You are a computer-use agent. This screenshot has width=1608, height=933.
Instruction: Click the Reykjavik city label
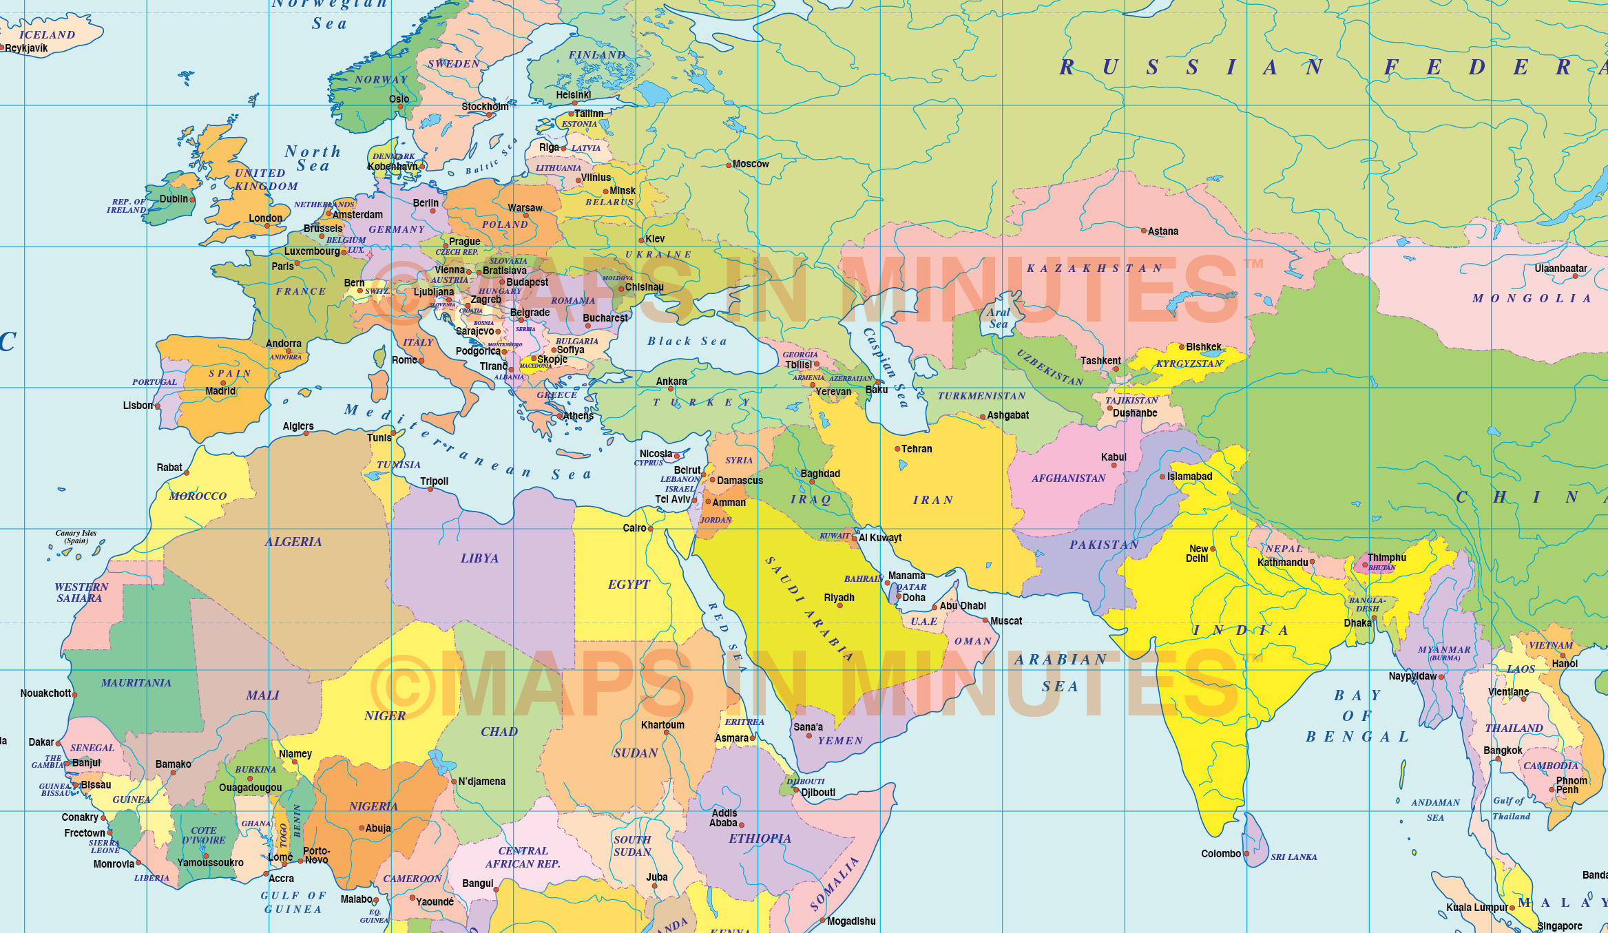[x=27, y=48]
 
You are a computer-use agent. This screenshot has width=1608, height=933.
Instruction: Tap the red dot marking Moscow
[x=729, y=165]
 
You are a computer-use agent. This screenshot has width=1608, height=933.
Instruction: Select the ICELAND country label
[x=47, y=34]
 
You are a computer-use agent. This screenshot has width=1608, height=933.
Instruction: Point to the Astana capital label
[x=1163, y=231]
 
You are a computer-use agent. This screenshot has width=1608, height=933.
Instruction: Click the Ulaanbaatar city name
[x=1560, y=269]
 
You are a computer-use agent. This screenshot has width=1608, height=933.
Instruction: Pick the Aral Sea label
[x=999, y=318]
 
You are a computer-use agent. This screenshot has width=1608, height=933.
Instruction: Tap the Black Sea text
[x=687, y=341]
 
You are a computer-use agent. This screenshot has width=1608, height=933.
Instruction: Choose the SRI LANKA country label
[x=1293, y=857]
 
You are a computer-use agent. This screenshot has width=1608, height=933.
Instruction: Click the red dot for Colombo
[x=1246, y=854]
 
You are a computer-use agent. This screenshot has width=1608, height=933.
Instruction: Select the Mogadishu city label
[x=851, y=921]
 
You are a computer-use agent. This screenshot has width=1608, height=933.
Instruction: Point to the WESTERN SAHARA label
[x=81, y=592]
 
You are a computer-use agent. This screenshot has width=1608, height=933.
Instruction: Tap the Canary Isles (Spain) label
[x=76, y=536]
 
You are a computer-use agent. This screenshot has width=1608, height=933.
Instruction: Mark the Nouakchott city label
[x=45, y=693]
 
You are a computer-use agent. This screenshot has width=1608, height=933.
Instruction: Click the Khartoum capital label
[x=662, y=725]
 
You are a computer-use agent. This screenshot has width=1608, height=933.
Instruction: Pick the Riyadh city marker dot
[x=839, y=606]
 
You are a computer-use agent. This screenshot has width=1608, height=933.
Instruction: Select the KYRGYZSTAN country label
[x=1189, y=364]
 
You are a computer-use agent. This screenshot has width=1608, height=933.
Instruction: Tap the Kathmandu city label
[x=1282, y=563]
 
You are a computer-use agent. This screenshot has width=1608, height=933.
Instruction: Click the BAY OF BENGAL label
[x=1357, y=716]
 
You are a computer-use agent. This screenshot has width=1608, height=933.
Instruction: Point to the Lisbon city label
[x=138, y=406]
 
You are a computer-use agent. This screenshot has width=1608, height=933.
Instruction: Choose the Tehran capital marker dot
[x=897, y=449]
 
